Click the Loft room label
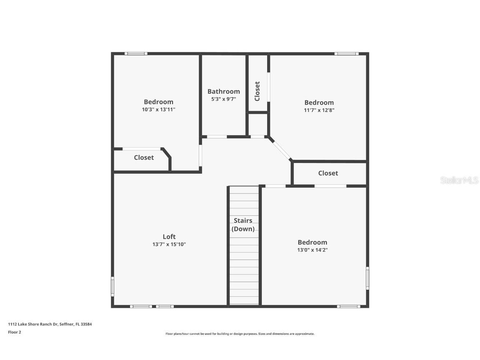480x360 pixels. (x=169, y=237)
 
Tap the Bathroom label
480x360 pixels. (x=224, y=91)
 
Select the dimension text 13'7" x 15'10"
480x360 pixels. (x=169, y=245)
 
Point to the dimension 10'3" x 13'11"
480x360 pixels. (x=158, y=110)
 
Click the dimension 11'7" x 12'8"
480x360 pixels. (x=319, y=110)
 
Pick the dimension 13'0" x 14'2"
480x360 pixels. (x=312, y=250)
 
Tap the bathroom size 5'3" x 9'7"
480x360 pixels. (x=224, y=99)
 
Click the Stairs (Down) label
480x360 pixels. (x=243, y=225)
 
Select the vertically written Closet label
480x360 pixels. (x=257, y=91)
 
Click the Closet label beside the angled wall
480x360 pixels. (x=144, y=157)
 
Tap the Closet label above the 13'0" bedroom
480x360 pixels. (x=328, y=173)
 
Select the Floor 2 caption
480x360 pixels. (x=15, y=332)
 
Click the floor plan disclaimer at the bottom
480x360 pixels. (x=240, y=334)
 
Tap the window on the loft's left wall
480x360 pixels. (x=112, y=287)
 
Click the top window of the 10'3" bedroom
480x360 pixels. (x=136, y=53)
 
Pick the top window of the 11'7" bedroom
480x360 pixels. (x=346, y=53)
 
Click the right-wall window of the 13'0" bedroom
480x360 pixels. (x=367, y=278)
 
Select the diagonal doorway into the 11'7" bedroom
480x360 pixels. (x=280, y=149)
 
